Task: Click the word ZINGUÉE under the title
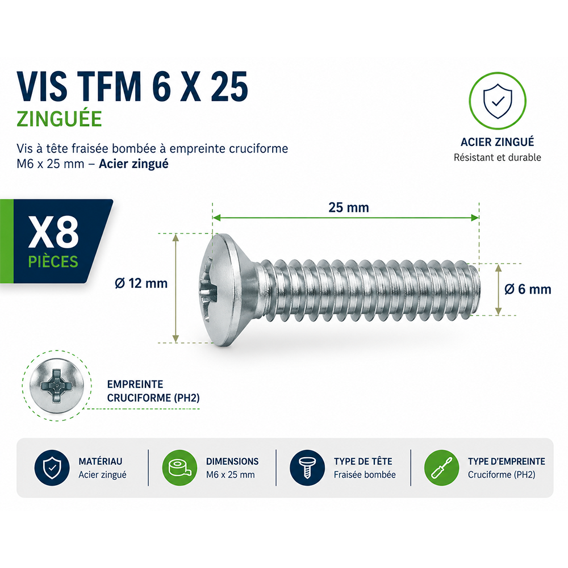60,119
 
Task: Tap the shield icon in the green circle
498,102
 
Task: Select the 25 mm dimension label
349,207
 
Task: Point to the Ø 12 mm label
141,283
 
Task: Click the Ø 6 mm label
528,289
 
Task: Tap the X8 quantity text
53,232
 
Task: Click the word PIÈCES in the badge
53,261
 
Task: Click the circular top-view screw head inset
57,386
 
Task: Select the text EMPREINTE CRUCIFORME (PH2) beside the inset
153,391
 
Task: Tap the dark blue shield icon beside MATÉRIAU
52,467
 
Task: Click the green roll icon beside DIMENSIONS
179,467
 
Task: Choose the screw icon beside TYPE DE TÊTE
307,467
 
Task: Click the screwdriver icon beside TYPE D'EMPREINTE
441,467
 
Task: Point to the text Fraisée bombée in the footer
365,474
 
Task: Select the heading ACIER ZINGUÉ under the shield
498,142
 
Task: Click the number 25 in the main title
229,87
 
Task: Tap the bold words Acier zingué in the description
133,164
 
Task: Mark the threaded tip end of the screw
478,290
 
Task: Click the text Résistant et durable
498,157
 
